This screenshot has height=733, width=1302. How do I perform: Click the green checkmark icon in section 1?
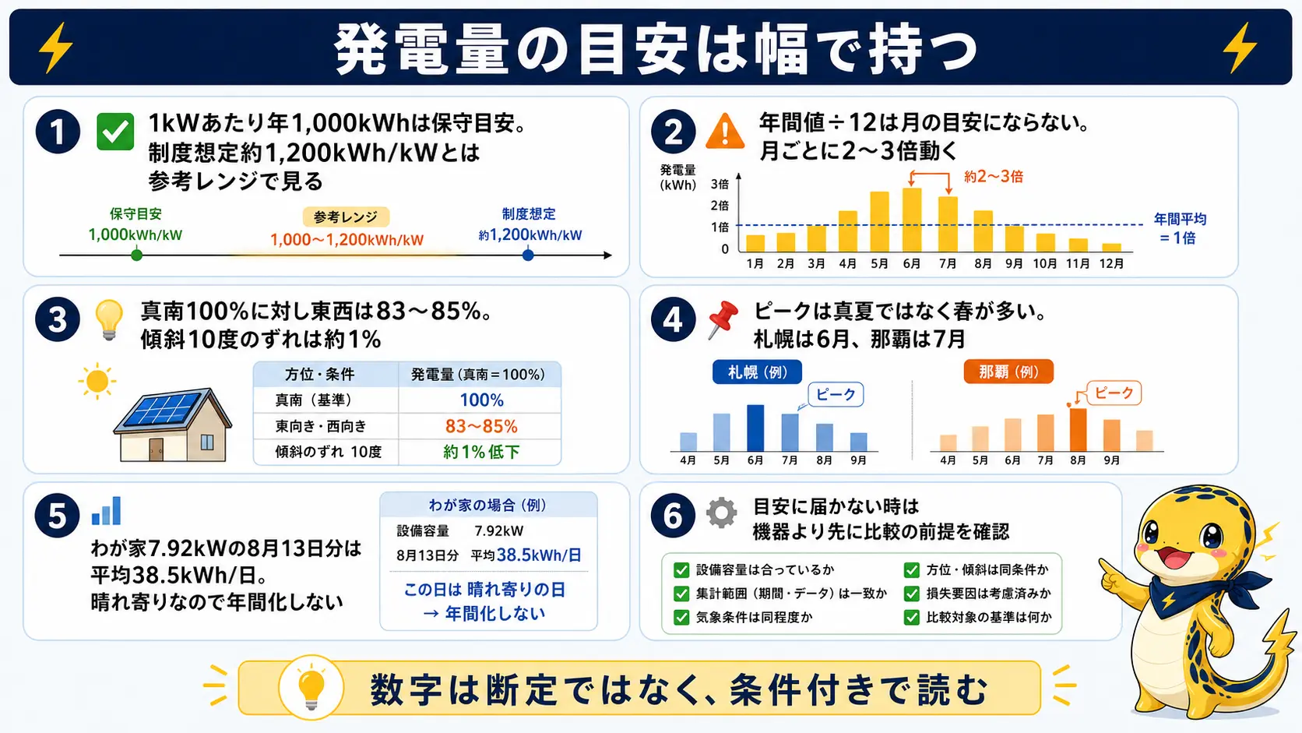tap(115, 132)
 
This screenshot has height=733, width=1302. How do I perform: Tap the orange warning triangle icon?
tap(725, 132)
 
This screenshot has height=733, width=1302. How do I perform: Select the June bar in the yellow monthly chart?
tap(911, 220)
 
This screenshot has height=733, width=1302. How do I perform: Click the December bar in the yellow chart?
tap(1111, 247)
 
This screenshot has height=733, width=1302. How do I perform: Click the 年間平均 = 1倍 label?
tap(1180, 228)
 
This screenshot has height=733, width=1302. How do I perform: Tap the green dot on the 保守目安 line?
tap(136, 255)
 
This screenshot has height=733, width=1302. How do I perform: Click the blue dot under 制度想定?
tap(528, 255)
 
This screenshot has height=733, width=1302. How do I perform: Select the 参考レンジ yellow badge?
tap(346, 217)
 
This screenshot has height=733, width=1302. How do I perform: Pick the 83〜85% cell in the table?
tap(481, 426)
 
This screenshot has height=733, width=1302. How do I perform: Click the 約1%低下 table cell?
tap(481, 452)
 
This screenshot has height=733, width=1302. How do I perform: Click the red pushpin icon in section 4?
tap(723, 319)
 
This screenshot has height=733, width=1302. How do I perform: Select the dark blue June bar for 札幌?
tap(755, 428)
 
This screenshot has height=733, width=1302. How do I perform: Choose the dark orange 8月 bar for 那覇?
tap(1079, 429)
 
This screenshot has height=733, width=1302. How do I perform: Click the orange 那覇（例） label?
tap(1008, 372)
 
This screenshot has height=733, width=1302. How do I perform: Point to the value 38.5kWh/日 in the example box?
tap(539, 555)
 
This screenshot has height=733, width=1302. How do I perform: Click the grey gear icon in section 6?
tap(721, 513)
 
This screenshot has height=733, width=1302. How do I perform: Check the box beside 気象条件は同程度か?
tap(681, 617)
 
